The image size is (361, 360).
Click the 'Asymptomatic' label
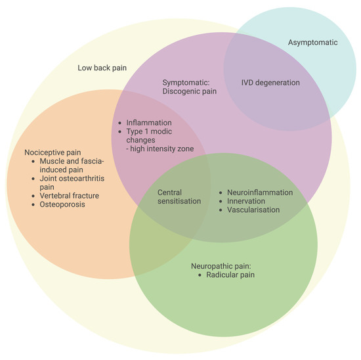(312, 43)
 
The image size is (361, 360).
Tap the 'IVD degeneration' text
(270, 83)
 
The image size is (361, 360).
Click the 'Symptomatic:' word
(185, 83)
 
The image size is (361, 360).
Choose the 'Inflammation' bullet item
(149, 123)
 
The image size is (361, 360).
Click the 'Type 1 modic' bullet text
(152, 132)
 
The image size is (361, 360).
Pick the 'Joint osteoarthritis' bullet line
(72, 178)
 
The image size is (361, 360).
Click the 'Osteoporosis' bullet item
(59, 204)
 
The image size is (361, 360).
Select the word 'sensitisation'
(179, 201)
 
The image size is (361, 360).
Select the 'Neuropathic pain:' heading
(221, 266)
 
